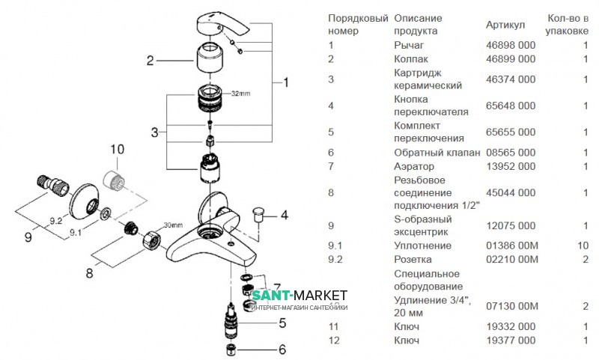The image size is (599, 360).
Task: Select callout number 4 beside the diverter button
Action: tap(284, 216)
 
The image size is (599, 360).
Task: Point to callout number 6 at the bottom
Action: tap(282, 349)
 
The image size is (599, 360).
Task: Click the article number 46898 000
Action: tap(511, 45)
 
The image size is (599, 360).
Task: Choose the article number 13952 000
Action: tap(511, 165)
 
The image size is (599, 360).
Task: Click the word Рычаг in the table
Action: tap(409, 45)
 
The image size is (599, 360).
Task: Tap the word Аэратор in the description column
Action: tap(414, 165)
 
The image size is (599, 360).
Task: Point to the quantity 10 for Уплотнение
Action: tap(583, 245)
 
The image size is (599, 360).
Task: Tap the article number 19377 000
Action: tap(511, 341)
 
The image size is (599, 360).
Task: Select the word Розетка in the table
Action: tap(414, 259)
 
